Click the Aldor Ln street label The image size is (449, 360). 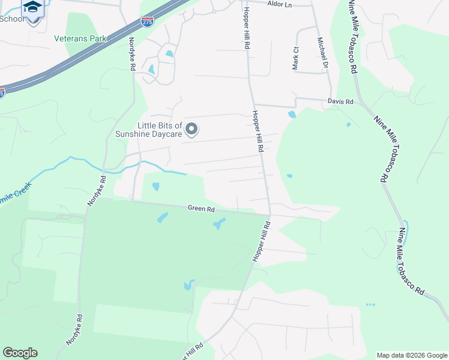pyautogui.click(x=279, y=4)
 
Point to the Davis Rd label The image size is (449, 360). pyautogui.click(x=340, y=102)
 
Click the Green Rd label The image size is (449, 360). pyautogui.click(x=201, y=209)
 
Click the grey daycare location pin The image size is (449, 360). pyautogui.click(x=191, y=129)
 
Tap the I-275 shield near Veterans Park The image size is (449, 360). pyautogui.click(x=147, y=22)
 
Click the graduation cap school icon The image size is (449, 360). pyautogui.click(x=32, y=7)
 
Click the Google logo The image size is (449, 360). pyautogui.click(x=20, y=353)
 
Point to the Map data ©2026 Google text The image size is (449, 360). pyautogui.click(x=412, y=355)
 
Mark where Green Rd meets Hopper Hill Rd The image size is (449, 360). pyautogui.click(x=268, y=215)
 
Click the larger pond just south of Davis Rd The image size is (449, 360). pyautogui.click(x=292, y=114)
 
